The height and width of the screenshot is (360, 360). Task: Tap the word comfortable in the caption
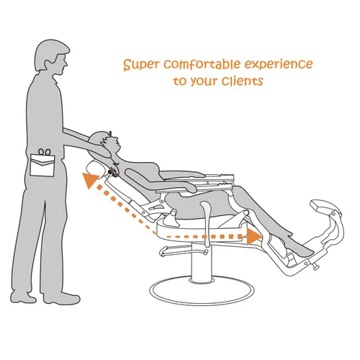click(202, 64)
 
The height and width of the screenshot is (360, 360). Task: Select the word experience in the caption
click(279, 65)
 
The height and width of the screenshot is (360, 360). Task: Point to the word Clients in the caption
click(243, 81)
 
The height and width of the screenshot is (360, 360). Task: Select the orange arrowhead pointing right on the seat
click(254, 236)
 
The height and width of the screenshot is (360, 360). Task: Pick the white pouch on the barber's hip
click(42, 166)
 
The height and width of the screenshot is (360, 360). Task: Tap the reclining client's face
click(113, 143)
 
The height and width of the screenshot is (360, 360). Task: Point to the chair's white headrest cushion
click(95, 168)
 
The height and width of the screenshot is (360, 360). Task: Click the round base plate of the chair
click(202, 291)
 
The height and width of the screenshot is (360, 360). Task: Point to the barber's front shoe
click(61, 298)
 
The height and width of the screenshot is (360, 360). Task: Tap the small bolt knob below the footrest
click(316, 267)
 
